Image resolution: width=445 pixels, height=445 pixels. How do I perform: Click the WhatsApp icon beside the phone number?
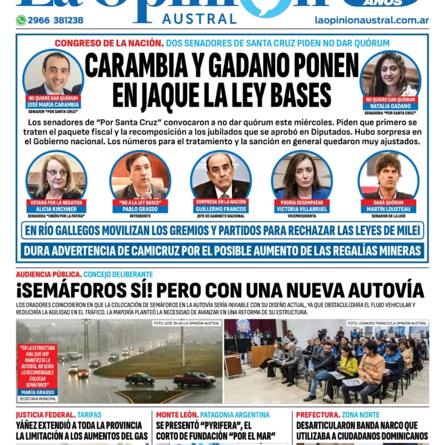[21, 20]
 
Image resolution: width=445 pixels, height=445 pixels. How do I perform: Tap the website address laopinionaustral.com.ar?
[371, 20]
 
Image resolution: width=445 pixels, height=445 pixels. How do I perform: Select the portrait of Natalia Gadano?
[390, 74]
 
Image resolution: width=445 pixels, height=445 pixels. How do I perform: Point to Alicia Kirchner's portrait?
[56, 175]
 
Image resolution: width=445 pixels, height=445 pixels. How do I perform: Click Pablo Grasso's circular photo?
[140, 175]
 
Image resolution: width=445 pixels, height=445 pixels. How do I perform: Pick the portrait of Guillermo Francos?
[221, 175]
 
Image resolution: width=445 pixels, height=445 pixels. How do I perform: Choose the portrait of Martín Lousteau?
[388, 175]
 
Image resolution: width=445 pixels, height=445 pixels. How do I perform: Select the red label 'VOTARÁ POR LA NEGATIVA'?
[56, 202]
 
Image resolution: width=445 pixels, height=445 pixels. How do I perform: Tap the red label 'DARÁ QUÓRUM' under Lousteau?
[388, 202]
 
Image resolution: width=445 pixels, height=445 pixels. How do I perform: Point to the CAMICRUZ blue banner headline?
[222, 250]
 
